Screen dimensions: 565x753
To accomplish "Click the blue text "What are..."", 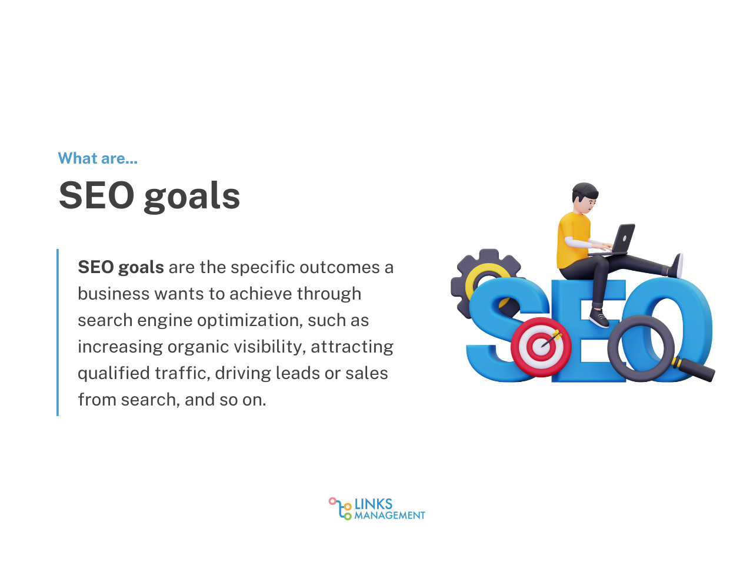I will (98, 158).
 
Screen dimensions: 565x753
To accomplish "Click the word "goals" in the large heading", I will (192, 196).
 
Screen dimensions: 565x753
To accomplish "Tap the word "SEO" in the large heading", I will (96, 195).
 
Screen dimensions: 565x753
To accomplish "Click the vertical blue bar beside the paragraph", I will (58, 333).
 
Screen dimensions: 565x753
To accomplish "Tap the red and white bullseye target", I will (541, 347).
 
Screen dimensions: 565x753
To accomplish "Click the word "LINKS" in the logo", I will (374, 504).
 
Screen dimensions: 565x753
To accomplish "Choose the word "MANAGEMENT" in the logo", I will (389, 516).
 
